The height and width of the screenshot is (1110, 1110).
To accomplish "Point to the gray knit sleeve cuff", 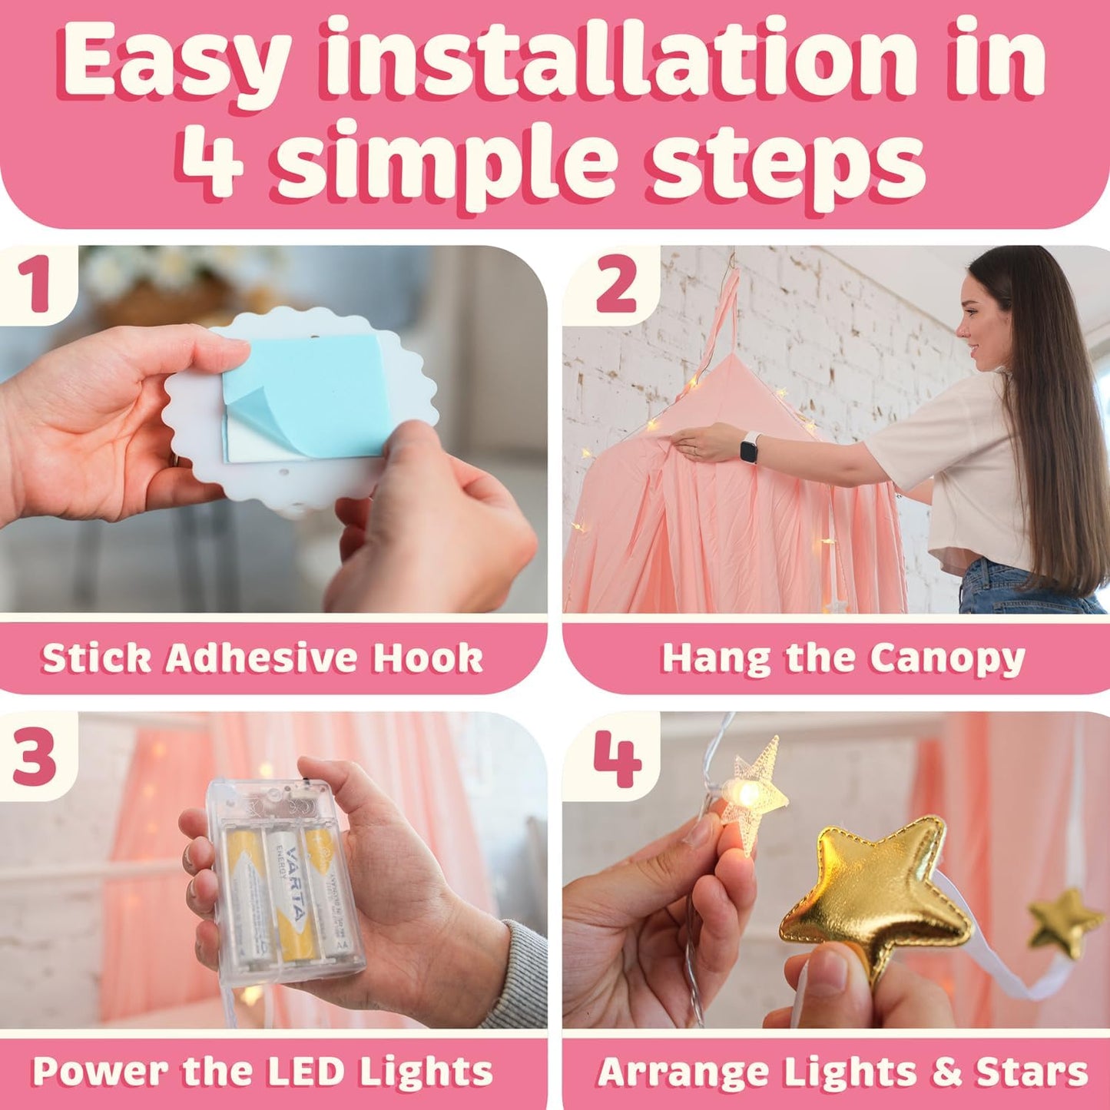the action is click(516, 973).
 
